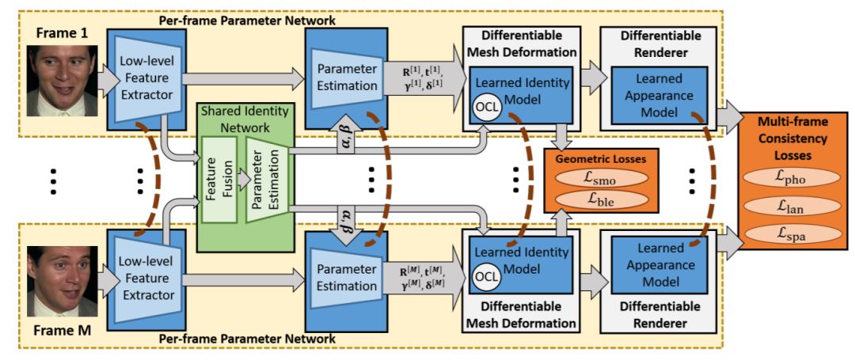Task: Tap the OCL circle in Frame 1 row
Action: tap(485, 106)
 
